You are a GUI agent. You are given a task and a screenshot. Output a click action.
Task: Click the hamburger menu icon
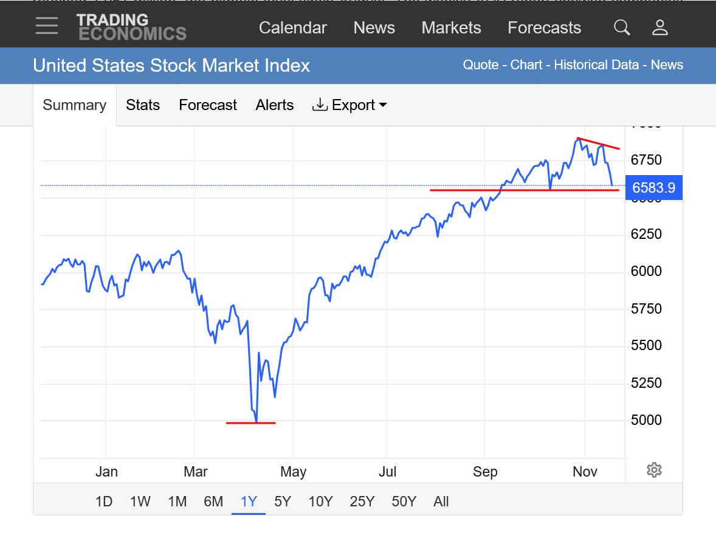[x=47, y=26]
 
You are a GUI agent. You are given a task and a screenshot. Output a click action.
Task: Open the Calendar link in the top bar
[x=292, y=28]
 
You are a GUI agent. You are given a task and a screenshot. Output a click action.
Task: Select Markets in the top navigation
[x=451, y=28]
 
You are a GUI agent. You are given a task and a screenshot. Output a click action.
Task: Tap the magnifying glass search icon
[x=621, y=27]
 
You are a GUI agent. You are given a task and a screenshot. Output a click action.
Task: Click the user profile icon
[x=659, y=27]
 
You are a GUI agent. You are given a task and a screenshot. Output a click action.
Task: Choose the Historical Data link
[x=596, y=65]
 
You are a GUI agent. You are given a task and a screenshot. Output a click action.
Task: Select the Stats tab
[x=143, y=105]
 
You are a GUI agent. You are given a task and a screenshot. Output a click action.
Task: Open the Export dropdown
[x=350, y=105]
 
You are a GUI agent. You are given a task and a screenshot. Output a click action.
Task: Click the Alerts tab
[x=274, y=105]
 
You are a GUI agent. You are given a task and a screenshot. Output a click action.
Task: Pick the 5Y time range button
[x=283, y=501]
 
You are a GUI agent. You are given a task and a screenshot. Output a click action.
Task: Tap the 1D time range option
[x=104, y=501]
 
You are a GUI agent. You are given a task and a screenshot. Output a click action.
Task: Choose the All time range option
[x=441, y=501]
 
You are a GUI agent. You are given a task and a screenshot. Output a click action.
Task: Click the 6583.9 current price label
[x=653, y=188]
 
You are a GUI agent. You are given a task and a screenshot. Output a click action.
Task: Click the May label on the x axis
[x=293, y=472]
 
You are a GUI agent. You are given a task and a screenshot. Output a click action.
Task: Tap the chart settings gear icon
[x=654, y=469]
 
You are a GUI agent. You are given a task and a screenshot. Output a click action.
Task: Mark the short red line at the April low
[x=250, y=422]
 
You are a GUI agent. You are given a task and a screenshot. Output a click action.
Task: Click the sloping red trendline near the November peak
[x=599, y=143]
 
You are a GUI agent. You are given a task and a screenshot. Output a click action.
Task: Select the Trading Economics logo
[x=131, y=27]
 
